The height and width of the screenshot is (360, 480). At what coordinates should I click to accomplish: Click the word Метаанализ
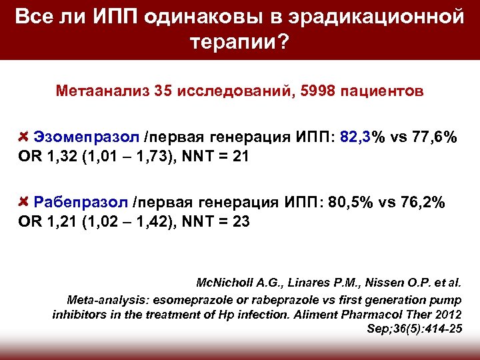point(102,90)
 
